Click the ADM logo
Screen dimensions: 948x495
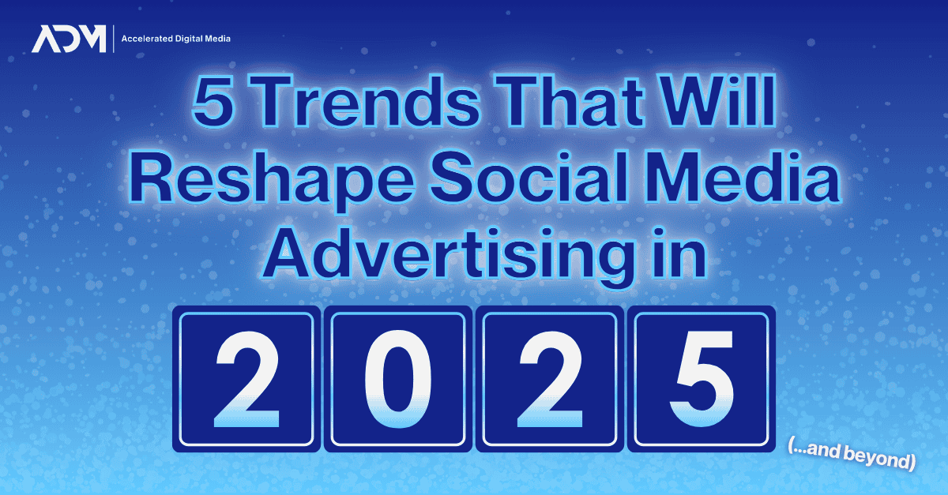pyautogui.click(x=69, y=39)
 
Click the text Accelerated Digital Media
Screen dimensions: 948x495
pyautogui.click(x=176, y=39)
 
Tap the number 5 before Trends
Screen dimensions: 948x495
pyautogui.click(x=213, y=101)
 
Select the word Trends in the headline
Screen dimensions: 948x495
pyautogui.click(x=367, y=101)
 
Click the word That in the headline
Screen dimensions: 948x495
pyautogui.click(x=570, y=100)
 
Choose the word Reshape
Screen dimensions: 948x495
pyautogui.click(x=272, y=180)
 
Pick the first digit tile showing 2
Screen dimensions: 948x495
pyautogui.click(x=246, y=379)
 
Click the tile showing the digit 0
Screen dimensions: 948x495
pyautogui.click(x=398, y=379)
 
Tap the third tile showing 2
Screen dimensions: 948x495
pyautogui.click(x=550, y=379)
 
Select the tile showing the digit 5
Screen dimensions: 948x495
pyautogui.click(x=702, y=379)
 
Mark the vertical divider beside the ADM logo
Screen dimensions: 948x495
pyautogui.click(x=114, y=39)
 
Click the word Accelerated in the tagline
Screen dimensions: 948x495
pyautogui.click(x=147, y=39)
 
